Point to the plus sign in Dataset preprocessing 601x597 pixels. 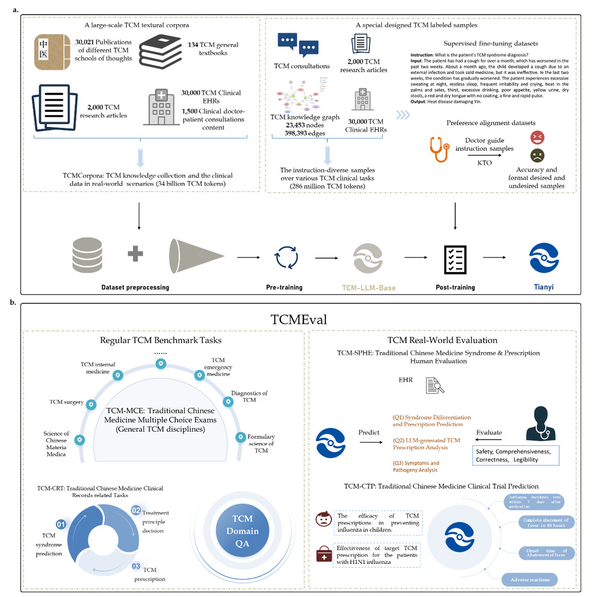click(x=135, y=255)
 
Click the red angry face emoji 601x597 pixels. click(x=537, y=137)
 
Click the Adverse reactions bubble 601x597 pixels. click(x=529, y=580)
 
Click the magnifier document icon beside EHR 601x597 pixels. click(x=433, y=386)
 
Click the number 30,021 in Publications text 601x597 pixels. click(x=88, y=41)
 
